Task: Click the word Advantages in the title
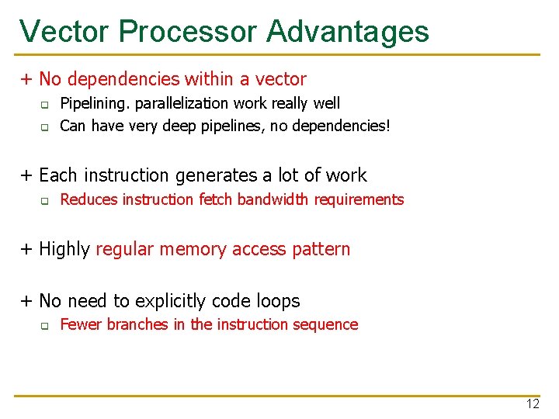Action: point(347,31)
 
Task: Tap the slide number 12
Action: point(533,403)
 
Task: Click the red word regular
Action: point(127,250)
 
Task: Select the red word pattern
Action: point(321,250)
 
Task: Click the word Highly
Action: point(64,250)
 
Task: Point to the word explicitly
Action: point(170,301)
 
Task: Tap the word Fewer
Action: point(81,324)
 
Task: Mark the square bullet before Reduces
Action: point(45,200)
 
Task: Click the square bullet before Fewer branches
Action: point(45,325)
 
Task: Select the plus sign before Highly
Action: point(26,250)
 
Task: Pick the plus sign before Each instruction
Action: point(26,175)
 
